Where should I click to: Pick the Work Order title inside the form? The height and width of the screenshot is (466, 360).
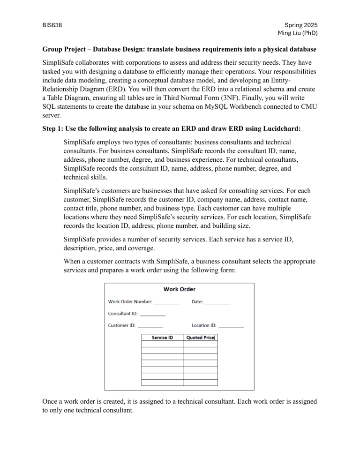(x=179, y=289)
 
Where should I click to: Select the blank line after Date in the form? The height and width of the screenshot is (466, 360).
(x=218, y=303)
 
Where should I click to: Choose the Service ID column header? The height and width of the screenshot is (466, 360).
(x=162, y=337)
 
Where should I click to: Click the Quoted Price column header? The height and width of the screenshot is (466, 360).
(x=200, y=337)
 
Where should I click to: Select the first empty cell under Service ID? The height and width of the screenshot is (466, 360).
(x=162, y=344)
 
